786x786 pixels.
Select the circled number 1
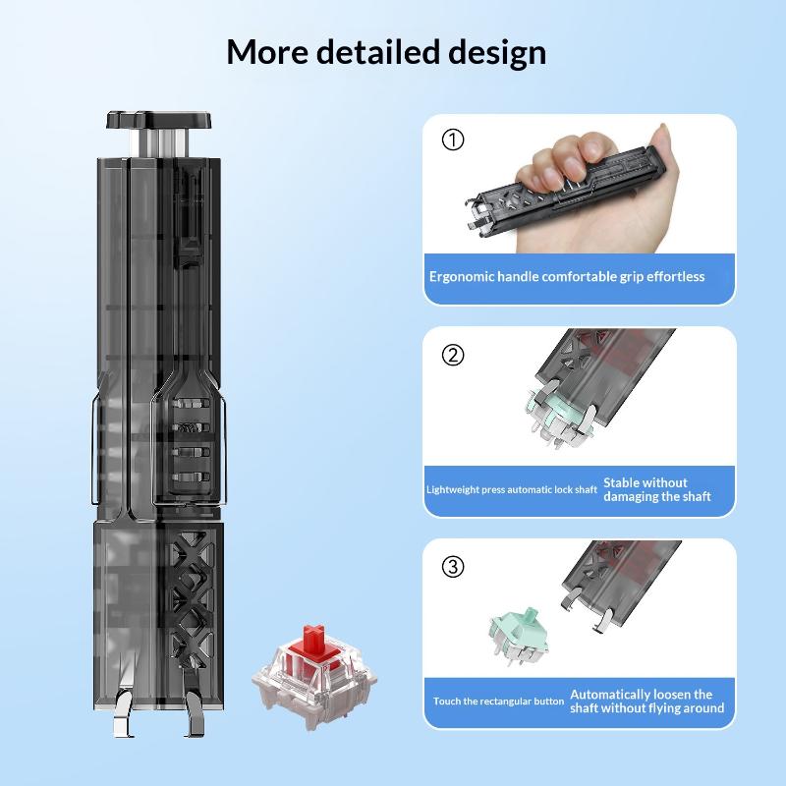[x=453, y=140]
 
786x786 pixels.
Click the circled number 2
[x=453, y=355]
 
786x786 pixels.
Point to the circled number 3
[x=453, y=567]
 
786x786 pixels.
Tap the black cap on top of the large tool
[x=158, y=119]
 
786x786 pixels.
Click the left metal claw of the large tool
[x=123, y=712]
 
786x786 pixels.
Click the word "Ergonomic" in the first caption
[x=462, y=277]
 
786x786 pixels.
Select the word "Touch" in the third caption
[x=445, y=701]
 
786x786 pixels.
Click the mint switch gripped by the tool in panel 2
[x=559, y=417]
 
